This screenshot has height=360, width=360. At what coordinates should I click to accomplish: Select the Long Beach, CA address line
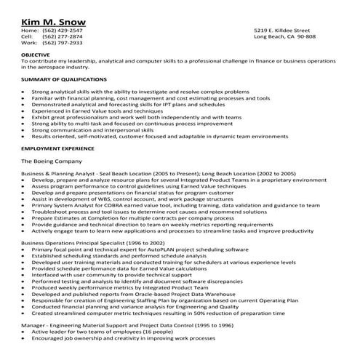pyautogui.click(x=284, y=36)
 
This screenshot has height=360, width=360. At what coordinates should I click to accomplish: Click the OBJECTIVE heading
pyautogui.click(x=36, y=55)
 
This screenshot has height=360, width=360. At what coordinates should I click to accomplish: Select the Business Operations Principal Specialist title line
pyautogui.click(x=93, y=242)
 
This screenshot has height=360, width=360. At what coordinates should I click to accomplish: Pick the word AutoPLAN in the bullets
pyautogui.click(x=161, y=249)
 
